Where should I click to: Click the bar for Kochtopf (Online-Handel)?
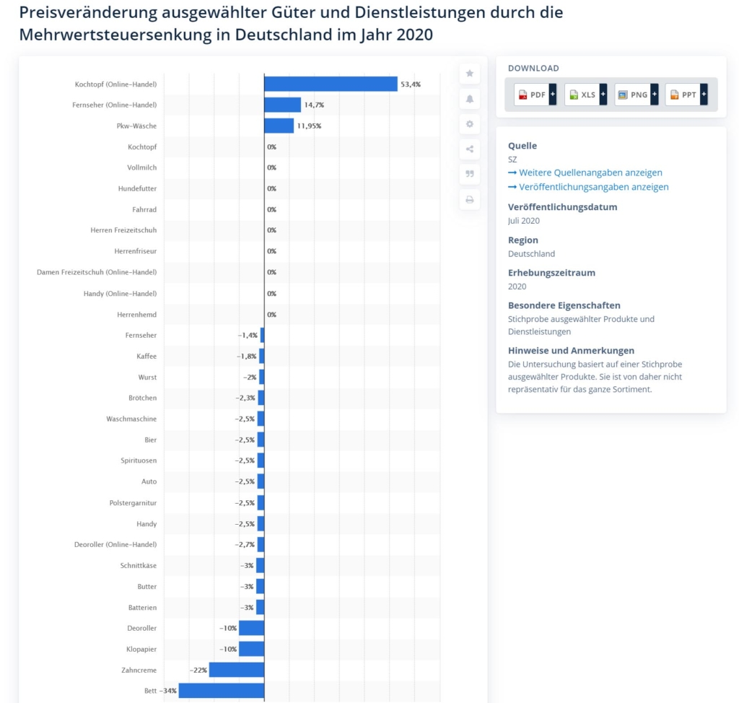pos(331,84)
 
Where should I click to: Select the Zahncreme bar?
pos(236,670)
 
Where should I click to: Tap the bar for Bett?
pos(221,691)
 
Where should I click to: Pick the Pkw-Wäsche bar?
pos(279,126)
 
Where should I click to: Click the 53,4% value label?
pos(411,84)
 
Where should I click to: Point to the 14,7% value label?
pos(314,105)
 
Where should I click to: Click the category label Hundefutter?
pos(137,188)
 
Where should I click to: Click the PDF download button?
pos(535,95)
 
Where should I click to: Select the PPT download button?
pos(686,95)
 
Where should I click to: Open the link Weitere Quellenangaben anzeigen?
pos(590,173)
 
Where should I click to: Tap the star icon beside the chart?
pos(469,73)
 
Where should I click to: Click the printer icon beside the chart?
pos(469,199)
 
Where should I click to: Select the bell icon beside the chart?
pos(469,98)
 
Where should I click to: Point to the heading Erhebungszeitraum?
pos(551,273)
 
